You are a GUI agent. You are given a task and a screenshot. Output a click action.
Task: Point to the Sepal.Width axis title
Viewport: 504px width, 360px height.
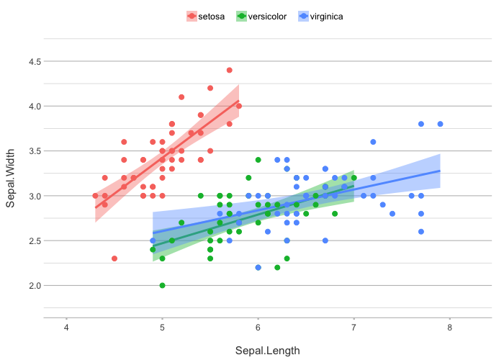point(11,174)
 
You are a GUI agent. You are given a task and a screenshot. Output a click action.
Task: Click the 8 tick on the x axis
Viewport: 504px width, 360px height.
point(449,329)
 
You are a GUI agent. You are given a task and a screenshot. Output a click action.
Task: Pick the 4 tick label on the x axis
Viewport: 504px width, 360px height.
point(66,329)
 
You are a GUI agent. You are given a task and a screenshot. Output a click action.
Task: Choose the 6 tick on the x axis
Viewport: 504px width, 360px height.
point(258,329)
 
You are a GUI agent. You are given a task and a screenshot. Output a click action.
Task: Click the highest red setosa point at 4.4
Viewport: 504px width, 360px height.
point(229,70)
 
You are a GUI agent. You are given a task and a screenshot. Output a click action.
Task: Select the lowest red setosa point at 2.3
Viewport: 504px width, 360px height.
point(114,258)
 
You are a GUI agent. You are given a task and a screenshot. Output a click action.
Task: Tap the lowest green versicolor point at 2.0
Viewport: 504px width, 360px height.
point(162,285)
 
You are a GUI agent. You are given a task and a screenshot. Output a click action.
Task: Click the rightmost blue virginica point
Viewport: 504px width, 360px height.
point(440,124)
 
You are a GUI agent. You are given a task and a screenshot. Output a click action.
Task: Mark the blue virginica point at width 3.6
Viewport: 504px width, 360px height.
point(373,142)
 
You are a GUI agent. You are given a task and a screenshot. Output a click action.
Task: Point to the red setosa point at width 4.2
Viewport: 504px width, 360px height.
point(210,88)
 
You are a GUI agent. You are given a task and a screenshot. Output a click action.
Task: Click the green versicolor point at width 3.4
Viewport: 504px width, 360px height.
point(258,160)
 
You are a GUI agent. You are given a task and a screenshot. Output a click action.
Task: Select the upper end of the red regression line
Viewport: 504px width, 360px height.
point(238,102)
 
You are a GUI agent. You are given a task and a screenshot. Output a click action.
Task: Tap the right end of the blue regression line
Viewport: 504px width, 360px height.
point(439,171)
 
